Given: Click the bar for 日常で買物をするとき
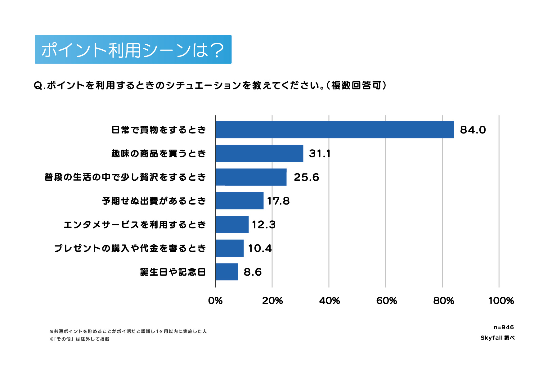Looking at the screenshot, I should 334,130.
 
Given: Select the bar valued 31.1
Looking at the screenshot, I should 259,153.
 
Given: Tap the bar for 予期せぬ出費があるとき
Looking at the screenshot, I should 240,201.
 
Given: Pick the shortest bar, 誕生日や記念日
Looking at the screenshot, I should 227,272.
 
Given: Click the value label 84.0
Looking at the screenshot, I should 473,130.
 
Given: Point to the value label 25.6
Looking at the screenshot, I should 306,177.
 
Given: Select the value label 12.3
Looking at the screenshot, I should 263,224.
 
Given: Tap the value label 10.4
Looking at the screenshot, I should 260,248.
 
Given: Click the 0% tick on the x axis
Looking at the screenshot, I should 215,300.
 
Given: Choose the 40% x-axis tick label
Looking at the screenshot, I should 329,300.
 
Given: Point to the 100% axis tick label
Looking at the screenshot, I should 501,300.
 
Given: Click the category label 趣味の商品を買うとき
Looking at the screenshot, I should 159,153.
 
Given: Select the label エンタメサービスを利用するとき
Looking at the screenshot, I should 135,224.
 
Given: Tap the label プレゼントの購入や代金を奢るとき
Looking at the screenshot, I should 130,248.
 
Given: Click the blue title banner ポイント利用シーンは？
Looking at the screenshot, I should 133,50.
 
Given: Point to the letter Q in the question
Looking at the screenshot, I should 38,85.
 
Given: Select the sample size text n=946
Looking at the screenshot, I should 504,327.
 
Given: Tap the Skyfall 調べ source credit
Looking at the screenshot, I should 497,338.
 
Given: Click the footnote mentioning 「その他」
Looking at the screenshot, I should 79,339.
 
